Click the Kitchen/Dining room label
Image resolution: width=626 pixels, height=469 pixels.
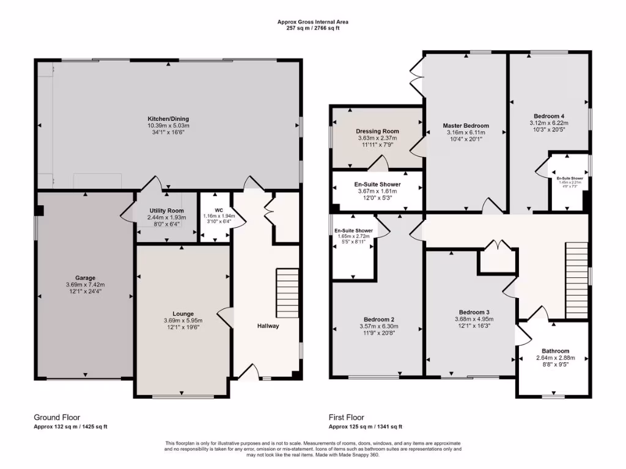pyautogui.click(x=168, y=118)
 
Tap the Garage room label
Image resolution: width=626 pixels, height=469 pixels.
pyautogui.click(x=85, y=278)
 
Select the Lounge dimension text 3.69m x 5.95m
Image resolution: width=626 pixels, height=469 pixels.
pyautogui.click(x=183, y=321)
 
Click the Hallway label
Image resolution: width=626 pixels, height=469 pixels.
pyautogui.click(x=267, y=325)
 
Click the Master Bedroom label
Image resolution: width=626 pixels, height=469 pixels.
pyautogui.click(x=466, y=126)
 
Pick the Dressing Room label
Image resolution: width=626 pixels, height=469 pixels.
pyautogui.click(x=377, y=131)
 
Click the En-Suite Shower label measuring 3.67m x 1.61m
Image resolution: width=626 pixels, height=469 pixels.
pyautogui.click(x=377, y=184)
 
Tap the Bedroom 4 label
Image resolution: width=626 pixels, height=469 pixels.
pyautogui.click(x=548, y=116)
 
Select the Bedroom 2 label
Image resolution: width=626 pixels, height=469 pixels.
pyautogui.click(x=378, y=319)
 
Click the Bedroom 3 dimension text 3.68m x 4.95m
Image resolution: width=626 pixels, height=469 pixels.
pyautogui.click(x=472, y=319)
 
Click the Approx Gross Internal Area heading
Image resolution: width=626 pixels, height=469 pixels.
pyautogui.click(x=313, y=22)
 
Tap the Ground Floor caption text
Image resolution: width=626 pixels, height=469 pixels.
pyautogui.click(x=57, y=417)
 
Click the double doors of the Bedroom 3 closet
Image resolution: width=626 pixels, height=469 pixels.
pyautogui.click(x=499, y=246)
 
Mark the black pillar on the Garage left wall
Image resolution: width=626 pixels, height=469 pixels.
pyautogui.click(x=39, y=211)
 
